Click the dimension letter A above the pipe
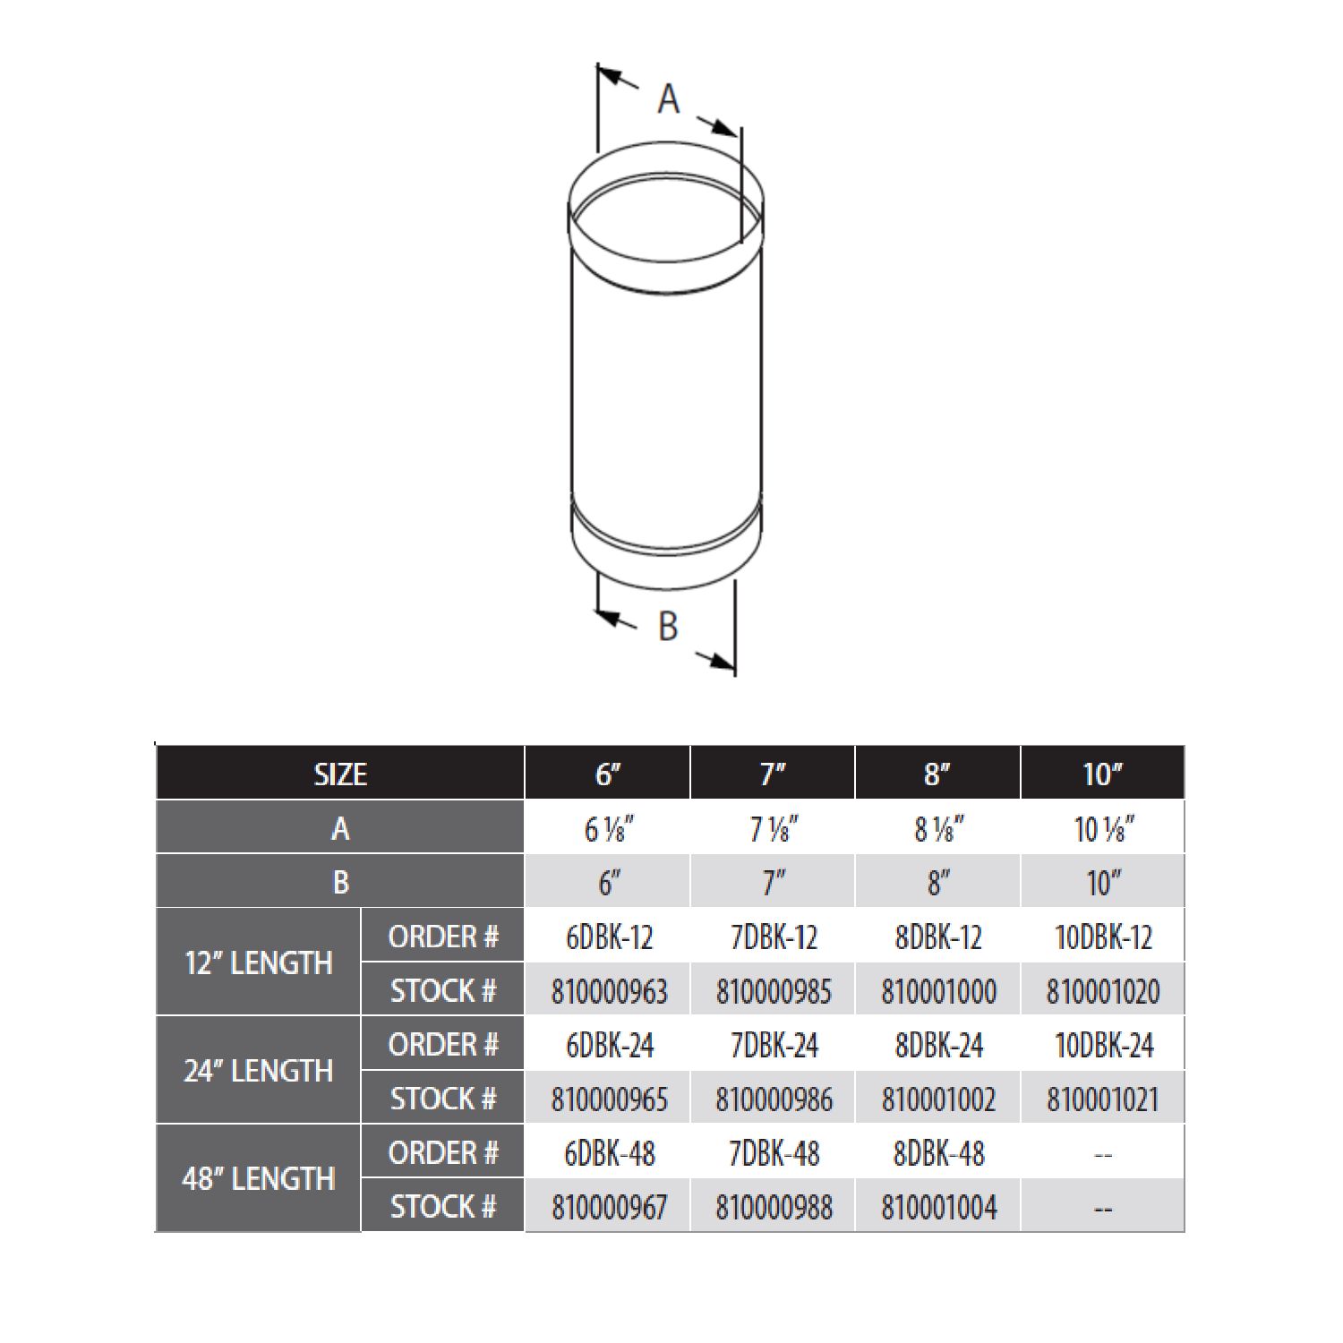pyautogui.click(x=668, y=98)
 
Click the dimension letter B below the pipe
pyautogui.click(x=668, y=626)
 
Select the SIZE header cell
pyautogui.click(x=340, y=774)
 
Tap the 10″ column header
pyautogui.click(x=1103, y=774)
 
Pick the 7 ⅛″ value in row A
pyautogui.click(x=774, y=829)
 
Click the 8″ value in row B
pyautogui.click(x=938, y=884)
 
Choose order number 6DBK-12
pyautogui.click(x=609, y=937)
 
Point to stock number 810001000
pyautogui.click(x=938, y=991)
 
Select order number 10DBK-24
pyautogui.click(x=1103, y=1045)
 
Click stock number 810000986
pyautogui.click(x=774, y=1099)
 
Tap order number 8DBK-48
pyautogui.click(x=938, y=1153)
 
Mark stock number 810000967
pyautogui.click(x=609, y=1207)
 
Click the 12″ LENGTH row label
pyautogui.click(x=259, y=963)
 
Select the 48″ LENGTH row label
pyautogui.click(x=259, y=1179)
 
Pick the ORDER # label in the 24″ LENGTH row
pyautogui.click(x=443, y=1044)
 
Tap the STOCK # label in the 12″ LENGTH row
pyautogui.click(x=443, y=991)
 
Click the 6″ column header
pyautogui.click(x=609, y=774)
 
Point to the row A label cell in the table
pyautogui.click(x=340, y=829)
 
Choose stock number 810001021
pyautogui.click(x=1103, y=1099)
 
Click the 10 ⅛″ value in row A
pyautogui.click(x=1103, y=829)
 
